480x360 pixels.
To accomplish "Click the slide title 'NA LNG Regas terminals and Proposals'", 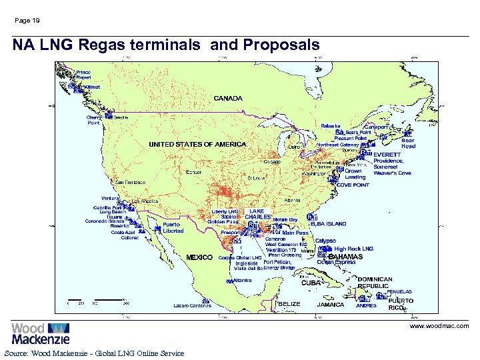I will point(165,45).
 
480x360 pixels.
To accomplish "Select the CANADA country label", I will point(228,98).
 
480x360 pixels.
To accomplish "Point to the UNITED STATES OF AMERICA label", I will point(197,144).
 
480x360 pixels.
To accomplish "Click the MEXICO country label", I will point(199,257).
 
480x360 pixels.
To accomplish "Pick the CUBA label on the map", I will point(311,283).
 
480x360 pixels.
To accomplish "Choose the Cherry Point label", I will point(94,120).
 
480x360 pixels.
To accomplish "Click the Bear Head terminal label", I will point(408,143).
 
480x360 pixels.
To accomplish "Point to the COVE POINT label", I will point(353,185).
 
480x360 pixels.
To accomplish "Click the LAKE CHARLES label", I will point(257,214).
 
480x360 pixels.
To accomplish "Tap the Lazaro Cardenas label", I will point(192,305).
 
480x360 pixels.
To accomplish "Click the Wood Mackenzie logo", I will point(40,333).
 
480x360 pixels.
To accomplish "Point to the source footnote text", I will point(94,353).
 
